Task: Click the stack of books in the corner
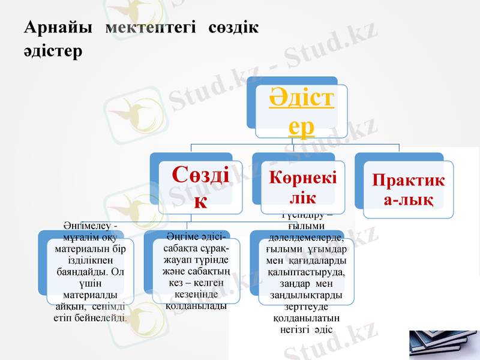443,345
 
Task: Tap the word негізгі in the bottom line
295,329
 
